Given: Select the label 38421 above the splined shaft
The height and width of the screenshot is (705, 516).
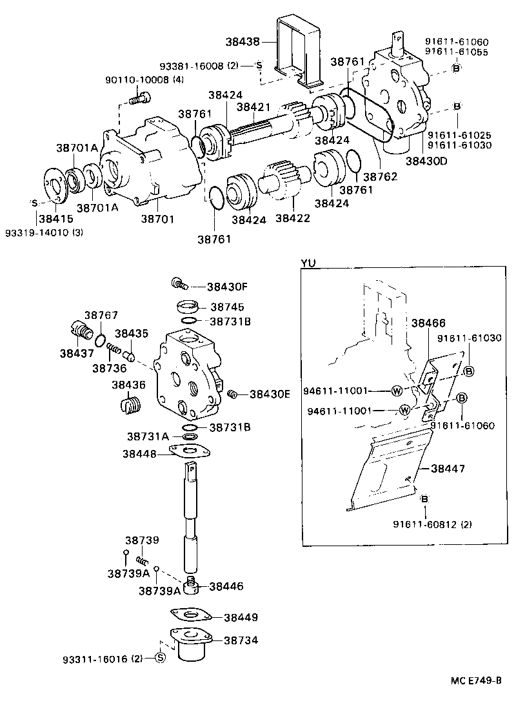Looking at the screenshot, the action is point(253,107).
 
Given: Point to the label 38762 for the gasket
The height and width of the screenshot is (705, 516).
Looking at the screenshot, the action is point(379,176).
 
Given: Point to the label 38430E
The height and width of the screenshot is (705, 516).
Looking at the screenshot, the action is point(270,393).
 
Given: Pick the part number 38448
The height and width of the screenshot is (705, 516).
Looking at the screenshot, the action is point(139,454).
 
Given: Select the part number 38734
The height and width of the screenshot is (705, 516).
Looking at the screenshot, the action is point(241,640).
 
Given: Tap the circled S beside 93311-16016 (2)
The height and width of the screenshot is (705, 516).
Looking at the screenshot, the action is point(161,657).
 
